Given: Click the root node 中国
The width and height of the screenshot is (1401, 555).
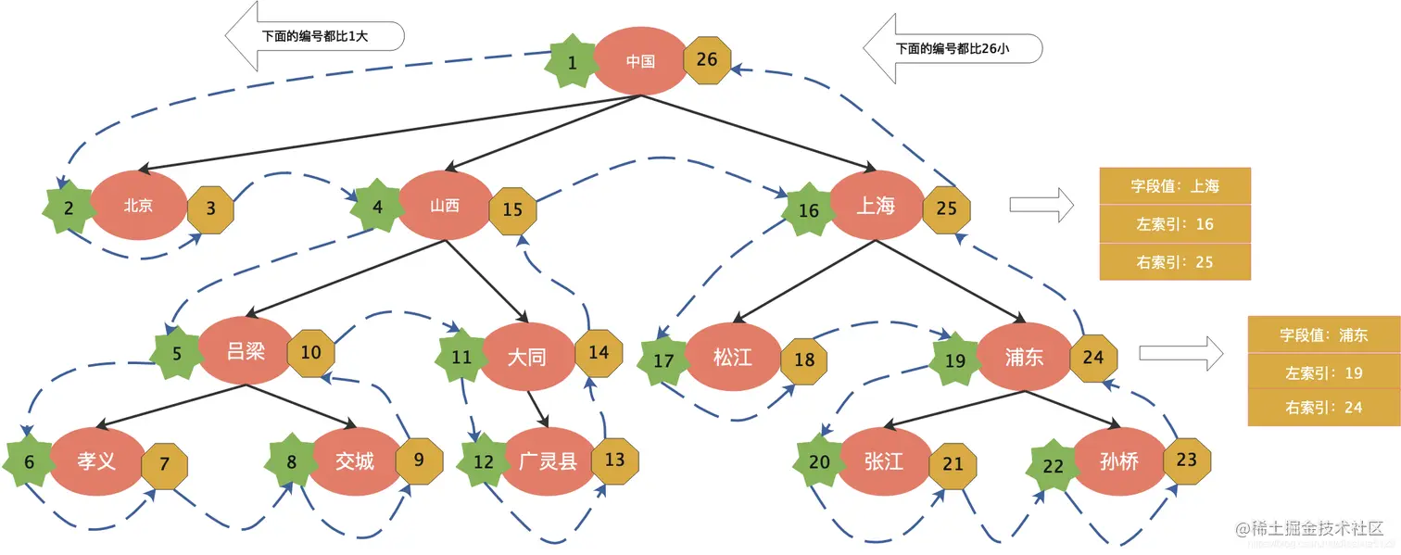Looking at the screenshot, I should click(x=640, y=61).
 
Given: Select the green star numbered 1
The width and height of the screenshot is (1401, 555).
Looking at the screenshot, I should click(x=572, y=63).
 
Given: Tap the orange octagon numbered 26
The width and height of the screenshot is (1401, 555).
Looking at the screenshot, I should click(x=706, y=60).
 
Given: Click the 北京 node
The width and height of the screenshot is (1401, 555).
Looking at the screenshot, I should click(x=138, y=206).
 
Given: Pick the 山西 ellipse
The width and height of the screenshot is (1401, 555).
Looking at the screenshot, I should click(x=445, y=206).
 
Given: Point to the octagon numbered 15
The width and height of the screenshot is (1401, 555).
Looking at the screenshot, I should click(x=512, y=209).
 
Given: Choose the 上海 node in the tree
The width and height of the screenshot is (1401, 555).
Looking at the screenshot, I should click(x=876, y=206).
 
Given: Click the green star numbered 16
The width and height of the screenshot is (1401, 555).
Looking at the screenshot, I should click(x=809, y=210).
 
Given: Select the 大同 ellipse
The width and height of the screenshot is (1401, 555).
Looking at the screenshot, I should click(x=526, y=357).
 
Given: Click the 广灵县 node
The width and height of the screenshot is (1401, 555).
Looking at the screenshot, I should click(x=548, y=460).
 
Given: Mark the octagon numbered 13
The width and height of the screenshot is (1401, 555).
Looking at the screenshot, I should click(x=614, y=460).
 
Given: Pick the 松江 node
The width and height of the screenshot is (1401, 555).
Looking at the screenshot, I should click(x=733, y=357).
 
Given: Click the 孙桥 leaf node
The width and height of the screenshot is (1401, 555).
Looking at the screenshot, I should click(x=1118, y=460).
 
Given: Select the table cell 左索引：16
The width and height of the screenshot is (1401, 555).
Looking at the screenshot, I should click(x=1175, y=224).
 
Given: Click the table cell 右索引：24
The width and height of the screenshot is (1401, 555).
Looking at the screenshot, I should click(x=1324, y=407).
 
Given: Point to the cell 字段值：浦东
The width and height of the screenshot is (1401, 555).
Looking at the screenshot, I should click(x=1324, y=334).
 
